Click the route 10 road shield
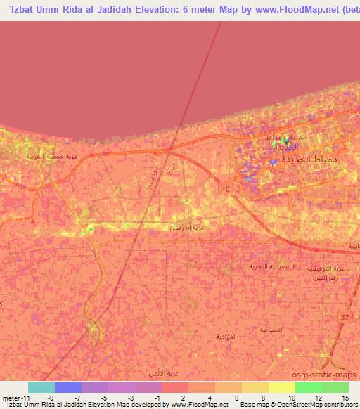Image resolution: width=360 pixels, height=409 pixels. pos(225,190)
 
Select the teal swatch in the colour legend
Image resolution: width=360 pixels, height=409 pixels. pos(41,387)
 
